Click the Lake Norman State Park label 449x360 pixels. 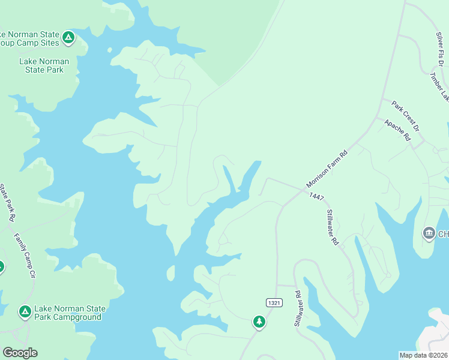coord(44,65)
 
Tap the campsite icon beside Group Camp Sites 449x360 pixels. coord(69,38)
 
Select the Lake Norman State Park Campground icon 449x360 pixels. coord(25,311)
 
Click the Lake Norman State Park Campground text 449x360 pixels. coord(70,313)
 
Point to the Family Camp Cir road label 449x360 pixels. coord(24,256)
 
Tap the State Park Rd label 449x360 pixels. coord(6,203)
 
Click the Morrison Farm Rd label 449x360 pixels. coord(327,169)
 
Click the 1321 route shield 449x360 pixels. coord(274,303)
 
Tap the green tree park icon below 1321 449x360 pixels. coord(259,322)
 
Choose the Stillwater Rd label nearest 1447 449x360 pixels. coord(333,227)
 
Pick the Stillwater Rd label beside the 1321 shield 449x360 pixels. coord(298,308)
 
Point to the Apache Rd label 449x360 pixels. coord(397,129)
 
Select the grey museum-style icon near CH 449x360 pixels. coord(429,233)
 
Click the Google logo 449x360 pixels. coord(20,353)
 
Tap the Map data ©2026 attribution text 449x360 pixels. coord(424,355)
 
